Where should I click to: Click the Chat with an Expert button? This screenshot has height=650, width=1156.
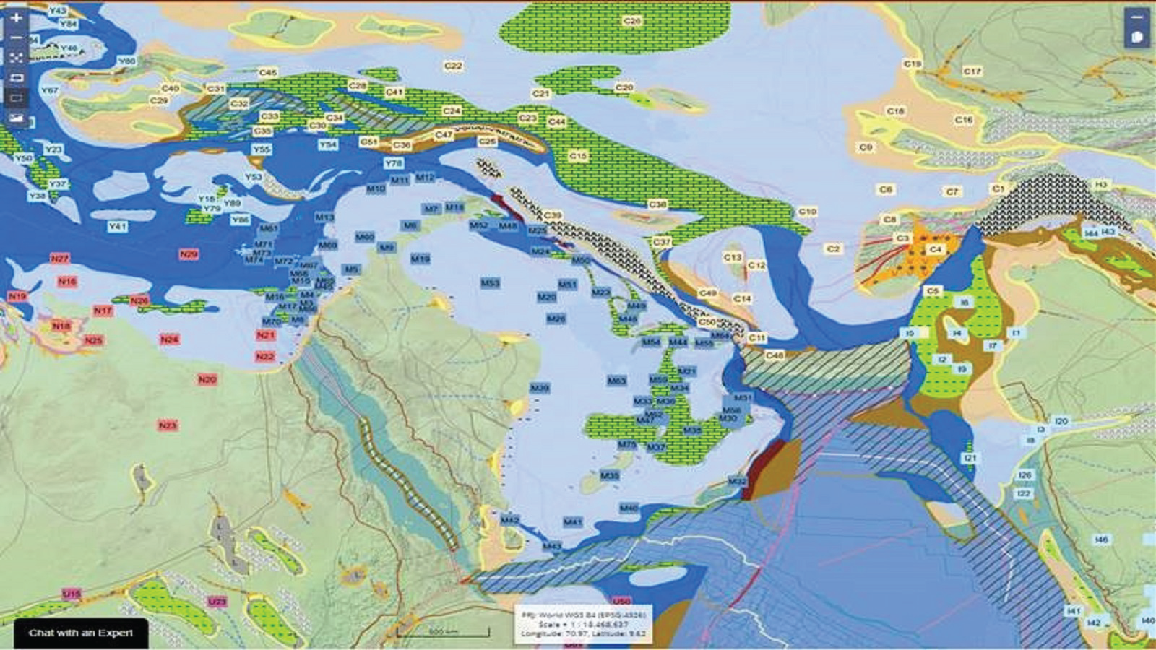[x=80, y=633]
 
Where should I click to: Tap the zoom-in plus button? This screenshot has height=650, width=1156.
[x=16, y=17]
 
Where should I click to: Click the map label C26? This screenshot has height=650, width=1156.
[x=632, y=21]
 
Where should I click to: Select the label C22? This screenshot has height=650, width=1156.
[x=453, y=66]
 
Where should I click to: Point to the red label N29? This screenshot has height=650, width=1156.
[x=189, y=254]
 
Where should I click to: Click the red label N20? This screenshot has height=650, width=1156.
[x=207, y=379]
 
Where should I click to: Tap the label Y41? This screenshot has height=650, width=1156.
[x=117, y=227]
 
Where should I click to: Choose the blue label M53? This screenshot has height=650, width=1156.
[x=491, y=283]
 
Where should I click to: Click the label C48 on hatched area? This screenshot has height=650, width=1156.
[x=775, y=355]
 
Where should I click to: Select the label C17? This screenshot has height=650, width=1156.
[x=972, y=71]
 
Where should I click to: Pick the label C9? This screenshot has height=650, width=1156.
[x=866, y=147]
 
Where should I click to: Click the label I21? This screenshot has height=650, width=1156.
[x=970, y=458]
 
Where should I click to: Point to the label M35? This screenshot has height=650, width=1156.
[x=610, y=476]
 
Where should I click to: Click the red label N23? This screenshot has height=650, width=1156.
[x=168, y=425]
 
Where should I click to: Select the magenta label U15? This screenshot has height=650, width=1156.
[x=72, y=594]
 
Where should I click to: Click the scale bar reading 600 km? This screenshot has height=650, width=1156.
[x=442, y=632]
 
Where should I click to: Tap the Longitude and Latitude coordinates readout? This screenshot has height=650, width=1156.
[x=583, y=633]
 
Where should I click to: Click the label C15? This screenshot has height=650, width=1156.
[x=578, y=156]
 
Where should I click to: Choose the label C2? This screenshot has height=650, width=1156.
[x=833, y=248]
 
